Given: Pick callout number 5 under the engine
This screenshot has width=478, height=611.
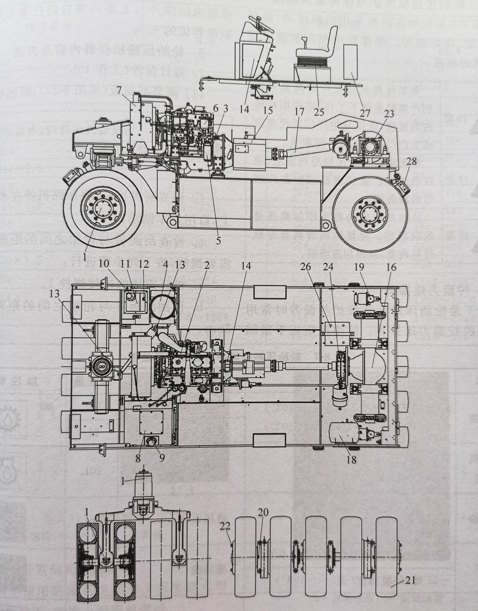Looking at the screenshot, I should pyautogui.click(x=219, y=240).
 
